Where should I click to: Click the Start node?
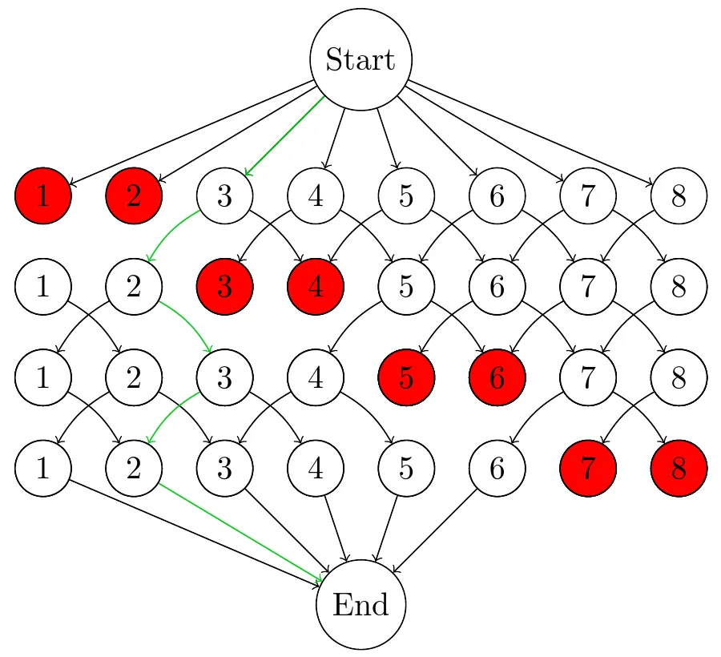point(360,59)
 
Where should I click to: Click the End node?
point(360,604)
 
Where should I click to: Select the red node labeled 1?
point(43,195)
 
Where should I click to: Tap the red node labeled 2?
point(134,195)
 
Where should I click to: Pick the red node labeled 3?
point(224,286)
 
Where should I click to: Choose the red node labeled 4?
point(315,286)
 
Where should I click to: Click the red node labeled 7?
point(587,468)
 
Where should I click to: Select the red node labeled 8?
point(679,468)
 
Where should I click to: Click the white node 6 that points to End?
point(497,468)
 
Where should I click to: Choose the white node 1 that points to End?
point(43,468)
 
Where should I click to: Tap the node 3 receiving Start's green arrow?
point(224,195)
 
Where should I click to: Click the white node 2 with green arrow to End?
point(134,468)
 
